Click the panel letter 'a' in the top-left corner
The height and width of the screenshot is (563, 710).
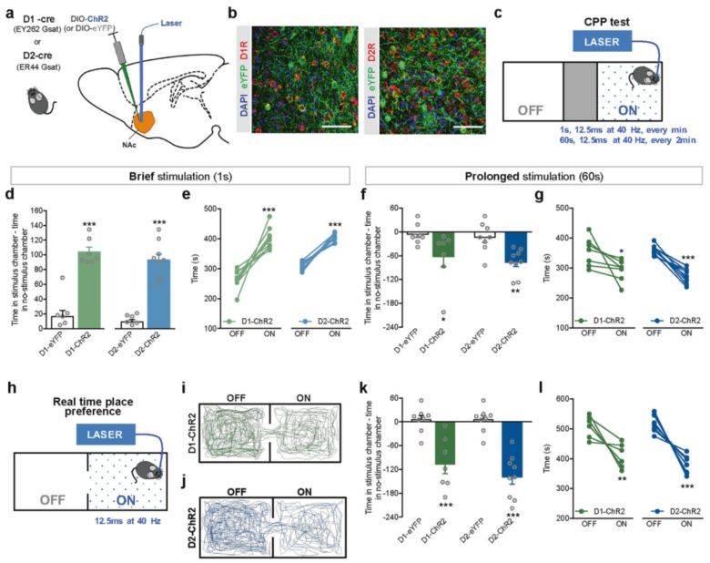click(x=8, y=13)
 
